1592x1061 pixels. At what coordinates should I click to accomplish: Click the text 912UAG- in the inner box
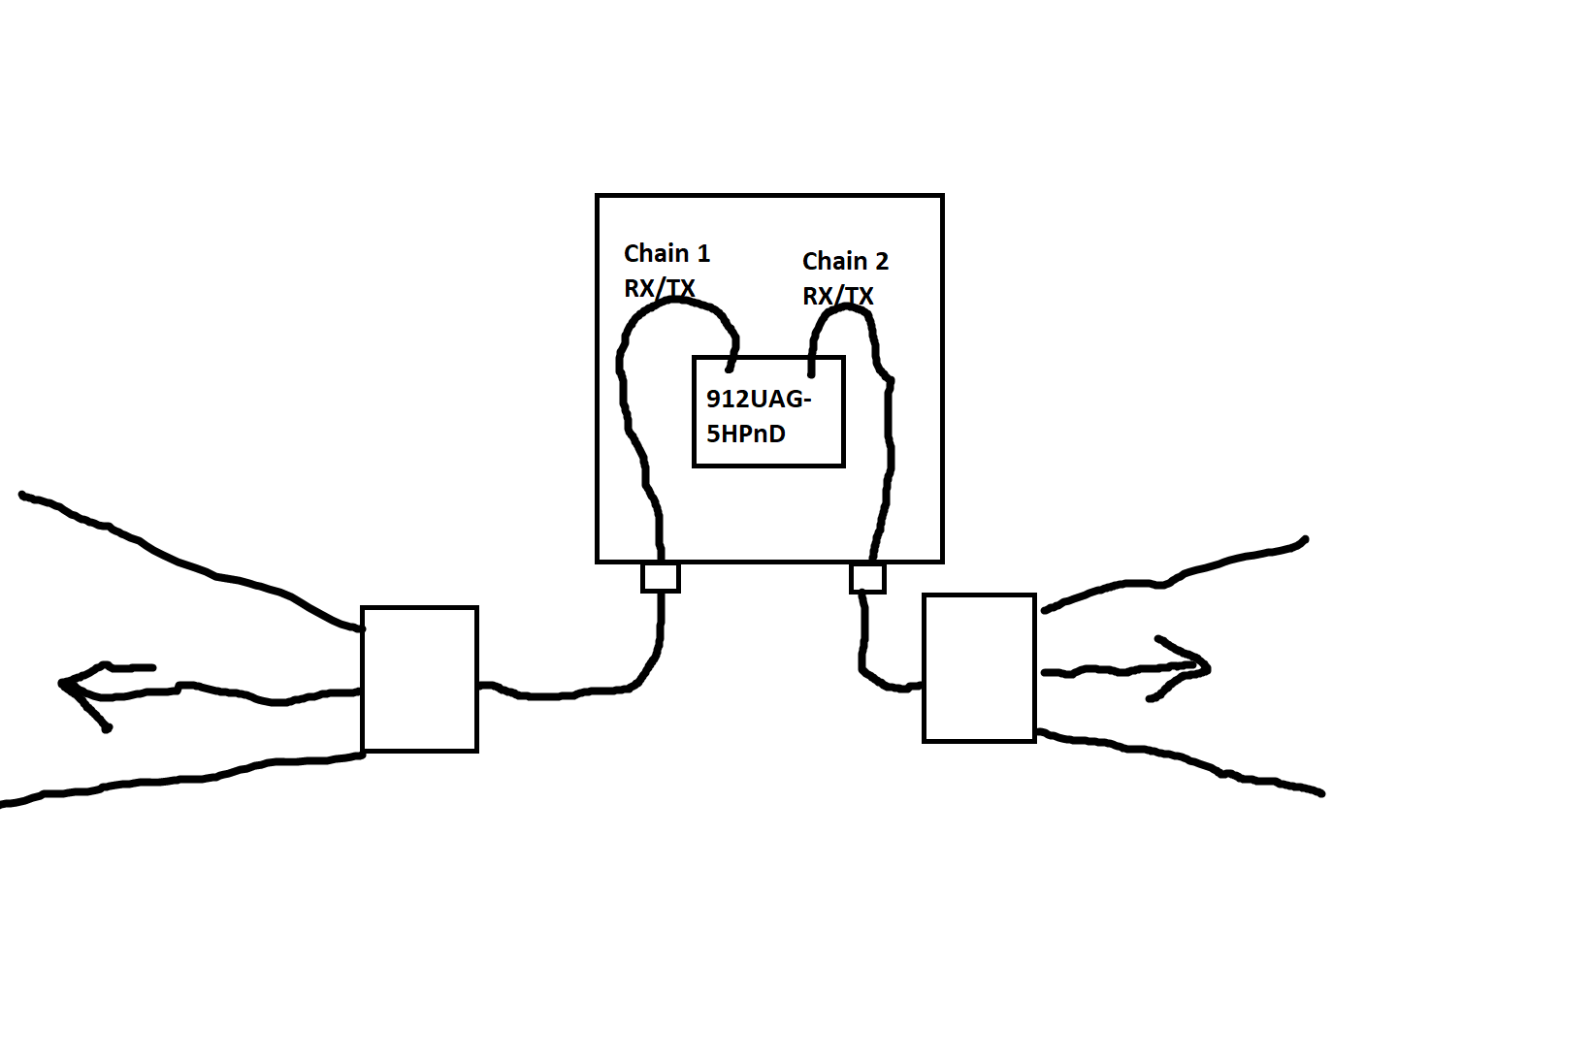(x=758, y=400)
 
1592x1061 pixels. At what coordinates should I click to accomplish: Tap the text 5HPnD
(x=745, y=434)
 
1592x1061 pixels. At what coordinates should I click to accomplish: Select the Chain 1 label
(x=666, y=254)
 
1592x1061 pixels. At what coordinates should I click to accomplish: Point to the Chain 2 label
(x=845, y=261)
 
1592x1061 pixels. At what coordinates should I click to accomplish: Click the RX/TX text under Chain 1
(x=659, y=288)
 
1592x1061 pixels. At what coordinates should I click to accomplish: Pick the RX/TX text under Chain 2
(x=837, y=296)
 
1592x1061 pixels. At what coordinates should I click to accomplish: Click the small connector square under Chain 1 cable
(x=661, y=577)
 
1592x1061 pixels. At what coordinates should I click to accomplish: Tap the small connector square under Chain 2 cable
(x=867, y=579)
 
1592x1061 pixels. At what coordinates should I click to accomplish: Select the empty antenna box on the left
(x=419, y=679)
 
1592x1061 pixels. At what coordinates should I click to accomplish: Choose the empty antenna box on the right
(x=979, y=668)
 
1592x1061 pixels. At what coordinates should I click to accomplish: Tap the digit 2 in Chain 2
(x=881, y=261)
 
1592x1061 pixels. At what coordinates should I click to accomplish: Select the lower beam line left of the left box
(x=194, y=779)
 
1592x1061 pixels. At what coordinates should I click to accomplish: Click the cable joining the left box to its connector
(x=582, y=692)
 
